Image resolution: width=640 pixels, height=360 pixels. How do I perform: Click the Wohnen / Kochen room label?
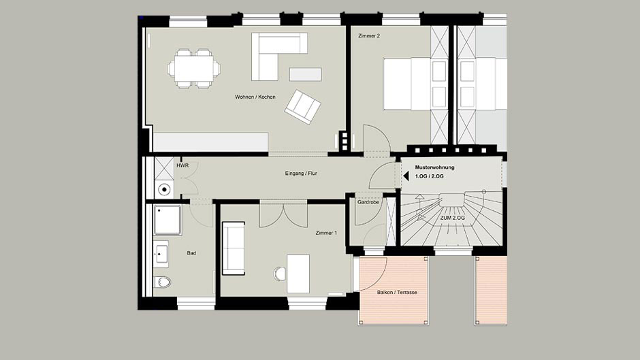[255, 97]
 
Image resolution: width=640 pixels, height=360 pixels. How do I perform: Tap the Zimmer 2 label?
[369, 36]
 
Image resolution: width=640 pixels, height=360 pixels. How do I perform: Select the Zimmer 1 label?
[326, 233]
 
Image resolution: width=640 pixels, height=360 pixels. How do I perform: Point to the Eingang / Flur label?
[301, 174]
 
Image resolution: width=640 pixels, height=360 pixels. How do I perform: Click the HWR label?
[182, 166]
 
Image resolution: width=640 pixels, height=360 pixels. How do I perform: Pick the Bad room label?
[191, 253]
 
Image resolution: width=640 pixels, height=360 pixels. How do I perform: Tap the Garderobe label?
[368, 202]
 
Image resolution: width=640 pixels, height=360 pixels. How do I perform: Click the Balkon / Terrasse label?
[397, 292]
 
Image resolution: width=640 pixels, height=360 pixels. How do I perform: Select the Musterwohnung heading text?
[434, 167]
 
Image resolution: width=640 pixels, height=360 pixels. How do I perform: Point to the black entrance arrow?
[406, 176]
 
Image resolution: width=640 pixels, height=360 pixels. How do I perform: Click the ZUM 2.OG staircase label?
[452, 218]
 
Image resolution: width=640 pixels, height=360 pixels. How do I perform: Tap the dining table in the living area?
[194, 69]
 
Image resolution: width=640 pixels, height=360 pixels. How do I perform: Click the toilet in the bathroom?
[163, 282]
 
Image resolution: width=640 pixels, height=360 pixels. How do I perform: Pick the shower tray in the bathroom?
[167, 220]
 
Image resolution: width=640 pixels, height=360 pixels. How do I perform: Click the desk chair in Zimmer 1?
[281, 274]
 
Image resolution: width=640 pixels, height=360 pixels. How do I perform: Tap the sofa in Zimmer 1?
[234, 248]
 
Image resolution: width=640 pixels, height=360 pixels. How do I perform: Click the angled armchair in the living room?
[303, 107]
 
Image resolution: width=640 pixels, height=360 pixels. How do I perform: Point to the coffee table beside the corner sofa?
[305, 74]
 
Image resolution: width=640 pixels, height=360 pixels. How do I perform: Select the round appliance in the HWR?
[165, 189]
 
